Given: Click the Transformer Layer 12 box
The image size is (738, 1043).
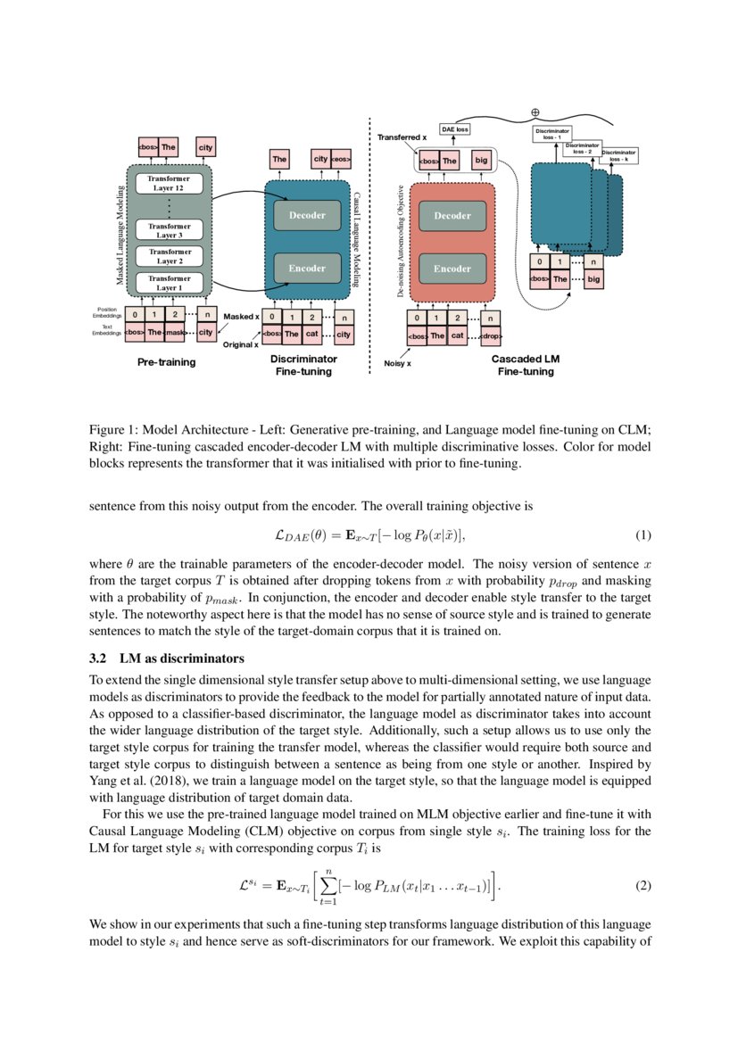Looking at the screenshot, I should pyautogui.click(x=170, y=184).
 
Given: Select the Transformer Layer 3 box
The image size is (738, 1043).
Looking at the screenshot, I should pyautogui.click(x=170, y=230).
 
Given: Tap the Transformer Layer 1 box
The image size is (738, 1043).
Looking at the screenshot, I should pyautogui.click(x=170, y=284).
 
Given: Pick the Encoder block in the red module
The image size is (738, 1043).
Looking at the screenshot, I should pyautogui.click(x=452, y=268).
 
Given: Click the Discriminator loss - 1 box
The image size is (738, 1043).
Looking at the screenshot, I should pyautogui.click(x=551, y=134).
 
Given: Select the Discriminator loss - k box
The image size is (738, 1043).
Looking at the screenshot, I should pyautogui.click(x=618, y=155).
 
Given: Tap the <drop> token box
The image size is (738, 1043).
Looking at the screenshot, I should pyautogui.click(x=491, y=336).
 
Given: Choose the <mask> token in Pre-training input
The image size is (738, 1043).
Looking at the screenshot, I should pyautogui.click(x=176, y=333).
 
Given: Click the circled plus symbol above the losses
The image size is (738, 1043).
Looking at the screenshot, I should pyautogui.click(x=535, y=112).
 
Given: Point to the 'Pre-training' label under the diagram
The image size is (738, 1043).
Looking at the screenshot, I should pyautogui.click(x=167, y=363).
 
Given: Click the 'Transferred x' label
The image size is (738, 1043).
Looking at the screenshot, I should pyautogui.click(x=402, y=138).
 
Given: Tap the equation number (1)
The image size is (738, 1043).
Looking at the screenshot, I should pyautogui.click(x=643, y=535).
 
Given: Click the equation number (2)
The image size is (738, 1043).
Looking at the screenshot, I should pyautogui.click(x=643, y=885).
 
